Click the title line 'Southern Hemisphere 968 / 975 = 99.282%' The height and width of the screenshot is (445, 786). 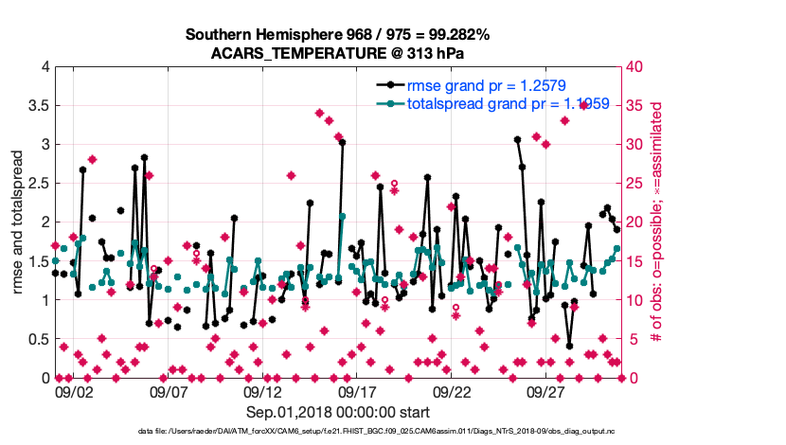338,35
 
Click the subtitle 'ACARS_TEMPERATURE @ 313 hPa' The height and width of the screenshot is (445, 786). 338,53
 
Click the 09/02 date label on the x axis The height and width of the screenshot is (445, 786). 74,391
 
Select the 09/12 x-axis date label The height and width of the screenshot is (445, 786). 263,391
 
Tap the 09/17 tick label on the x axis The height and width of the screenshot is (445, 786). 358,391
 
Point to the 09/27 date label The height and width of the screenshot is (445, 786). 547,391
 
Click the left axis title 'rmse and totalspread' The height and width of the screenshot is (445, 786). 17,222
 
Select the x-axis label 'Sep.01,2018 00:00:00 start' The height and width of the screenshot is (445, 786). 338,412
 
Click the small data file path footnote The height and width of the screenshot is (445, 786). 338,432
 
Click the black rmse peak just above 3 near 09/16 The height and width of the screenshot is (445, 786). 342,143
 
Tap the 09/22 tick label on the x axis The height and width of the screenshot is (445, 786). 453,391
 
